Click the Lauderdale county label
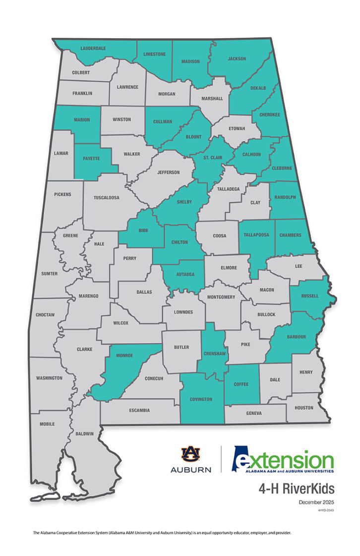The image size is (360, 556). [x=94, y=48]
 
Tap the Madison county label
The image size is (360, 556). [x=190, y=61]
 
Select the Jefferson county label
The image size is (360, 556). [x=169, y=172]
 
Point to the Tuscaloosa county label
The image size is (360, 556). [x=107, y=197]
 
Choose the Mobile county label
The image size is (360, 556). [x=48, y=424]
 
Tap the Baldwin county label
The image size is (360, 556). [x=85, y=434]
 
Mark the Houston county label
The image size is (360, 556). [x=304, y=408]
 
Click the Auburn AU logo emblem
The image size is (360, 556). [x=190, y=454]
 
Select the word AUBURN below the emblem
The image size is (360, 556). [x=190, y=469]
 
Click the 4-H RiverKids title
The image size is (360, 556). [x=297, y=489]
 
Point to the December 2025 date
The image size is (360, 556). [x=316, y=502]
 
